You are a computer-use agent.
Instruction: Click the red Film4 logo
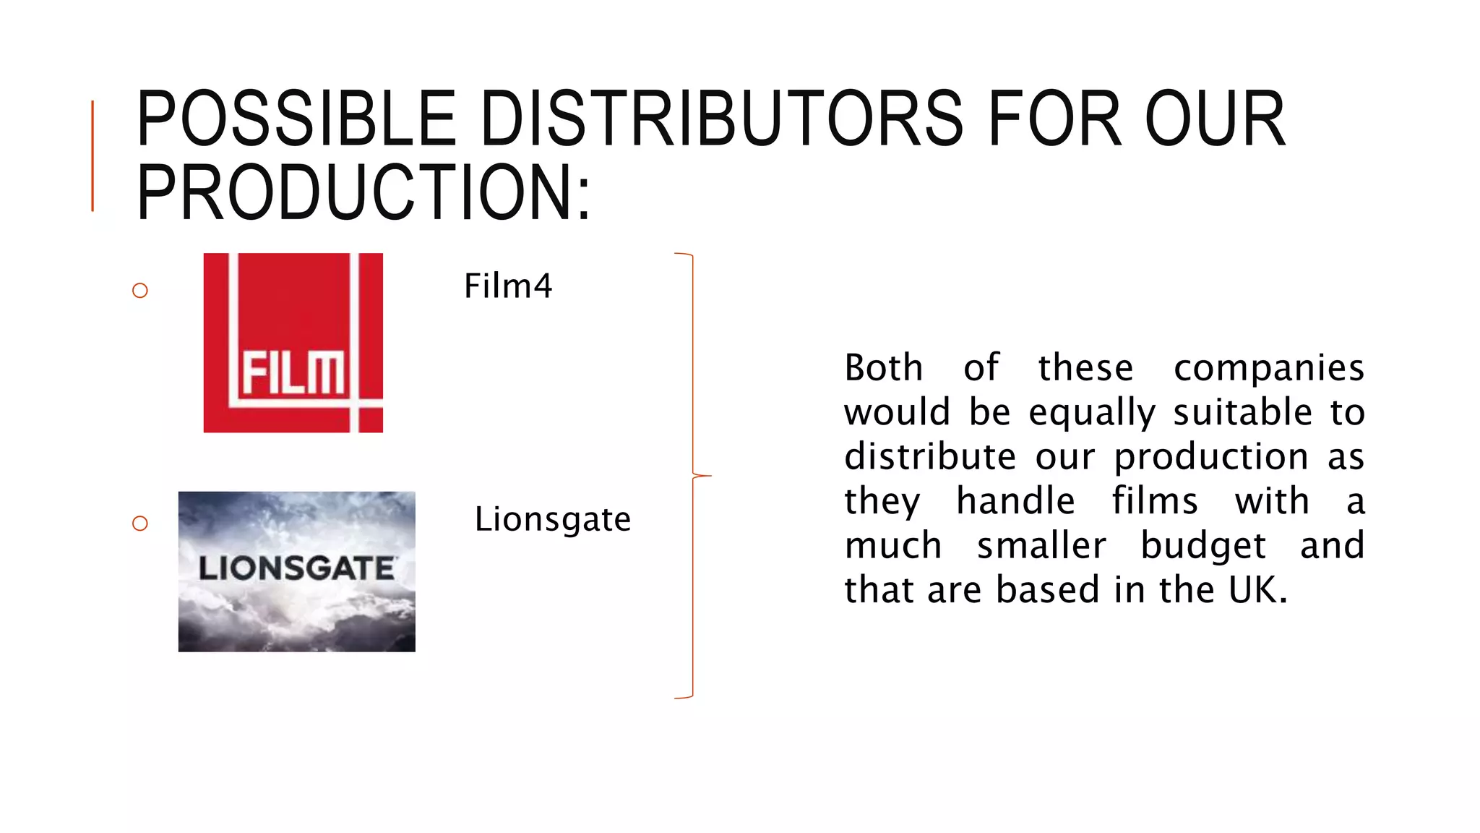(293, 343)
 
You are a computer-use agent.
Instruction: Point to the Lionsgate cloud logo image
(296, 571)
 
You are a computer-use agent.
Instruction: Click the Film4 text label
(508, 286)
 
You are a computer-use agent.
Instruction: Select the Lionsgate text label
(552, 519)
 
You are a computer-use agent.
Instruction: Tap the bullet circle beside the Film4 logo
(140, 291)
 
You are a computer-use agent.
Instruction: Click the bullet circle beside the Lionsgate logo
(140, 523)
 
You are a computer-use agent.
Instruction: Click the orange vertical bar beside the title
(92, 155)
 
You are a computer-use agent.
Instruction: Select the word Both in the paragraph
(884, 368)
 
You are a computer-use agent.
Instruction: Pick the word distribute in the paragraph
(930, 457)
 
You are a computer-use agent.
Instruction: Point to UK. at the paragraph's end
(1258, 590)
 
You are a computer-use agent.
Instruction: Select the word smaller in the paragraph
(1041, 546)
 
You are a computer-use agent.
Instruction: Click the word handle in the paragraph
(1015, 501)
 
